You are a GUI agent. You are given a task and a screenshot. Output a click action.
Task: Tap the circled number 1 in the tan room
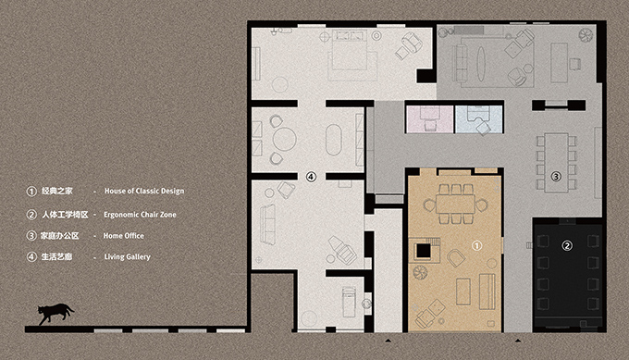[478, 245]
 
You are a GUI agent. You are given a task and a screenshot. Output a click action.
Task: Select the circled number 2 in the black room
[567, 245]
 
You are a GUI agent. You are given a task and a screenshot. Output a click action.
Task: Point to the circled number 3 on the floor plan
[556, 175]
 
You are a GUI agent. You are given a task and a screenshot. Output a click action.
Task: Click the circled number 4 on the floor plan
[311, 175]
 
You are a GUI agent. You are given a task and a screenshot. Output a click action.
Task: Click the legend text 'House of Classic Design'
[144, 192]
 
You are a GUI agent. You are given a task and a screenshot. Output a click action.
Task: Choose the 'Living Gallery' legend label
[128, 256]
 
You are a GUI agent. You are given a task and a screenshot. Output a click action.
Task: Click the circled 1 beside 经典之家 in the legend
[31, 192]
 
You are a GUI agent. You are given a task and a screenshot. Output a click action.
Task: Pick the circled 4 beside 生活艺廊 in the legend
[31, 256]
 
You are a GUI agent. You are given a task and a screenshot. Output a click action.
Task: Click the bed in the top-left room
[350, 53]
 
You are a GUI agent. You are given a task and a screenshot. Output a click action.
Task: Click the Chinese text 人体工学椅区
[64, 214]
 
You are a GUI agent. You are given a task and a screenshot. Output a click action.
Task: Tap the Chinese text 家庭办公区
[60, 235]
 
